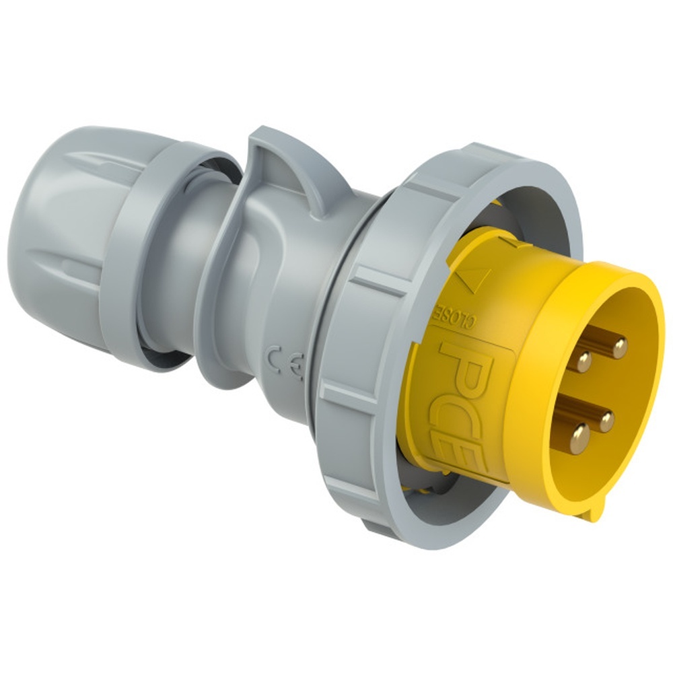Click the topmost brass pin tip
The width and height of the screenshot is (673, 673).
coord(619,347)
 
